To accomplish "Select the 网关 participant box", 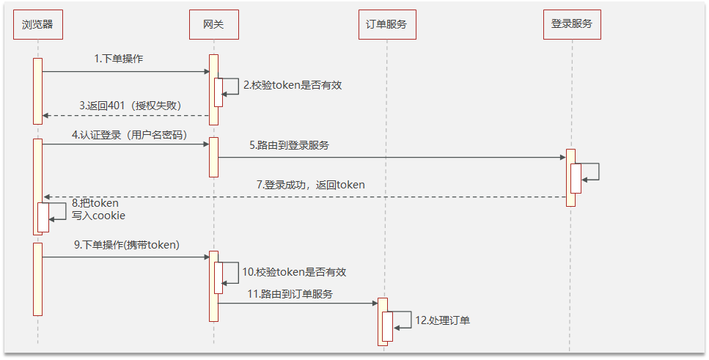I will [x=213, y=25].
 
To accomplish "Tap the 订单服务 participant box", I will [x=386, y=25].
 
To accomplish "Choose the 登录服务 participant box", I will [x=571, y=25].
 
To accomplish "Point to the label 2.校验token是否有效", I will [x=293, y=85].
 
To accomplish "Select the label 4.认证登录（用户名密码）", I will [x=129, y=135].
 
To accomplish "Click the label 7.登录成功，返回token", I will [x=310, y=185].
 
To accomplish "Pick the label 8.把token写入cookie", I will [x=98, y=210].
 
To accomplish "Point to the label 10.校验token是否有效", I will [x=293, y=272].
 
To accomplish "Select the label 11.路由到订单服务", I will [x=290, y=294].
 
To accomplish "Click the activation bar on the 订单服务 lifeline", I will [x=382, y=321].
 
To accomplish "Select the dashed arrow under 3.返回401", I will [x=125, y=115].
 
